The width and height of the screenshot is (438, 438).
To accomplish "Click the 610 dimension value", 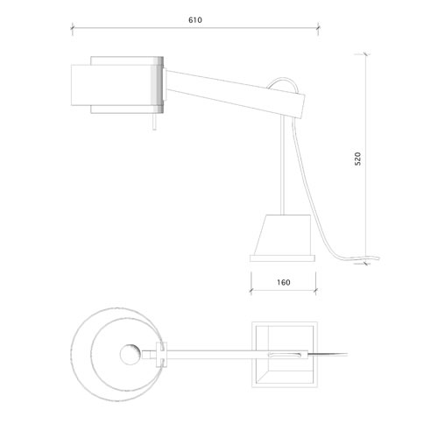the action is point(195,20).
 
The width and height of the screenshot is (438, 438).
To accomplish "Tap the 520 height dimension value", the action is point(357,159).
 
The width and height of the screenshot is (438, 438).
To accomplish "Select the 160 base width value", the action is point(284,282).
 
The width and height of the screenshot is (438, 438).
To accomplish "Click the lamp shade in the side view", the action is point(117,85).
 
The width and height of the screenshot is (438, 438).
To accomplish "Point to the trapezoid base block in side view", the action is point(283,235).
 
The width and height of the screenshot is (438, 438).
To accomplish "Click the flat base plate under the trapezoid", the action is point(282,258).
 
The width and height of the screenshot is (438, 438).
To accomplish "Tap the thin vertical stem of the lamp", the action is point(282,165).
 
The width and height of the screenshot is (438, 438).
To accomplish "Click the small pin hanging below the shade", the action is point(154,122).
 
